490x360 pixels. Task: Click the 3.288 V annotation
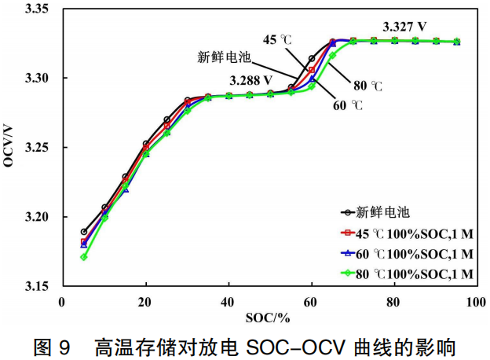[x=251, y=80]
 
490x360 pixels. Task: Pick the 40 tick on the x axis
[x=229, y=302]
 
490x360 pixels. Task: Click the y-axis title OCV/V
[x=10, y=147]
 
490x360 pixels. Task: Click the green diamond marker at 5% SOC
[x=84, y=257]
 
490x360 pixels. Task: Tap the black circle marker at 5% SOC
[x=84, y=232]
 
